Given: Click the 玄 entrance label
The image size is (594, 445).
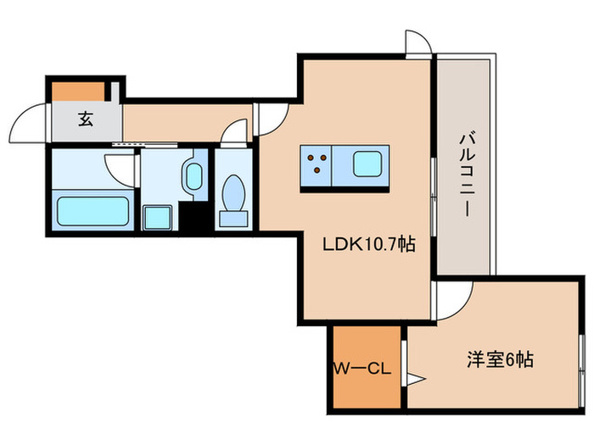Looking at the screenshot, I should [x=86, y=119].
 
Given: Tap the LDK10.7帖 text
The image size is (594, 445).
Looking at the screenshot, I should [x=368, y=246].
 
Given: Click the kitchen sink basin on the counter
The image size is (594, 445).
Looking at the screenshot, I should [x=368, y=161].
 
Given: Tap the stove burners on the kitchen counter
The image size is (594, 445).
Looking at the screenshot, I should [x=317, y=161].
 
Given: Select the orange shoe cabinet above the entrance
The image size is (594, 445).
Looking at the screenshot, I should [x=79, y=89].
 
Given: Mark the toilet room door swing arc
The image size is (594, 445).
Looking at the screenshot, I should [x=235, y=134].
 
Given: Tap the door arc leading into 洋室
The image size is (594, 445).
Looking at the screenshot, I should [x=454, y=301].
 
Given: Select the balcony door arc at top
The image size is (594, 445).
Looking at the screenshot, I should [x=417, y=42].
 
